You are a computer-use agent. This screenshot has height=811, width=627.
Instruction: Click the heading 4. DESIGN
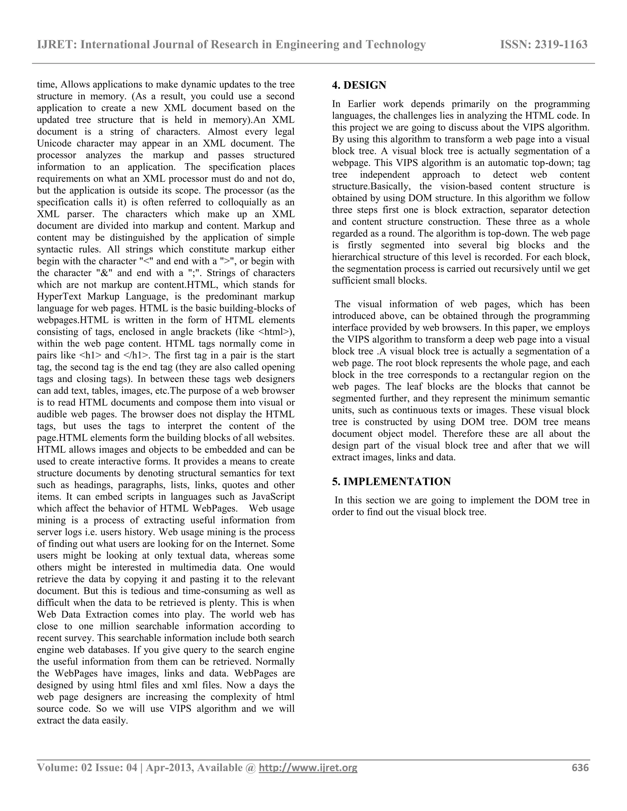(x=359, y=85)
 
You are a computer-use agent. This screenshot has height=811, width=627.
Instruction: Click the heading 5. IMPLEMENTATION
(x=391, y=482)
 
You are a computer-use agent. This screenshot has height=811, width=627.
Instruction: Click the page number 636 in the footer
(x=580, y=768)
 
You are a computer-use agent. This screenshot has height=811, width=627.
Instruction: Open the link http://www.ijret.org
(x=308, y=768)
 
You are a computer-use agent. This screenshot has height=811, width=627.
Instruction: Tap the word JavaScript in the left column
(x=273, y=497)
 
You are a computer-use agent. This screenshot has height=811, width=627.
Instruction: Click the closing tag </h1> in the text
(x=136, y=355)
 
